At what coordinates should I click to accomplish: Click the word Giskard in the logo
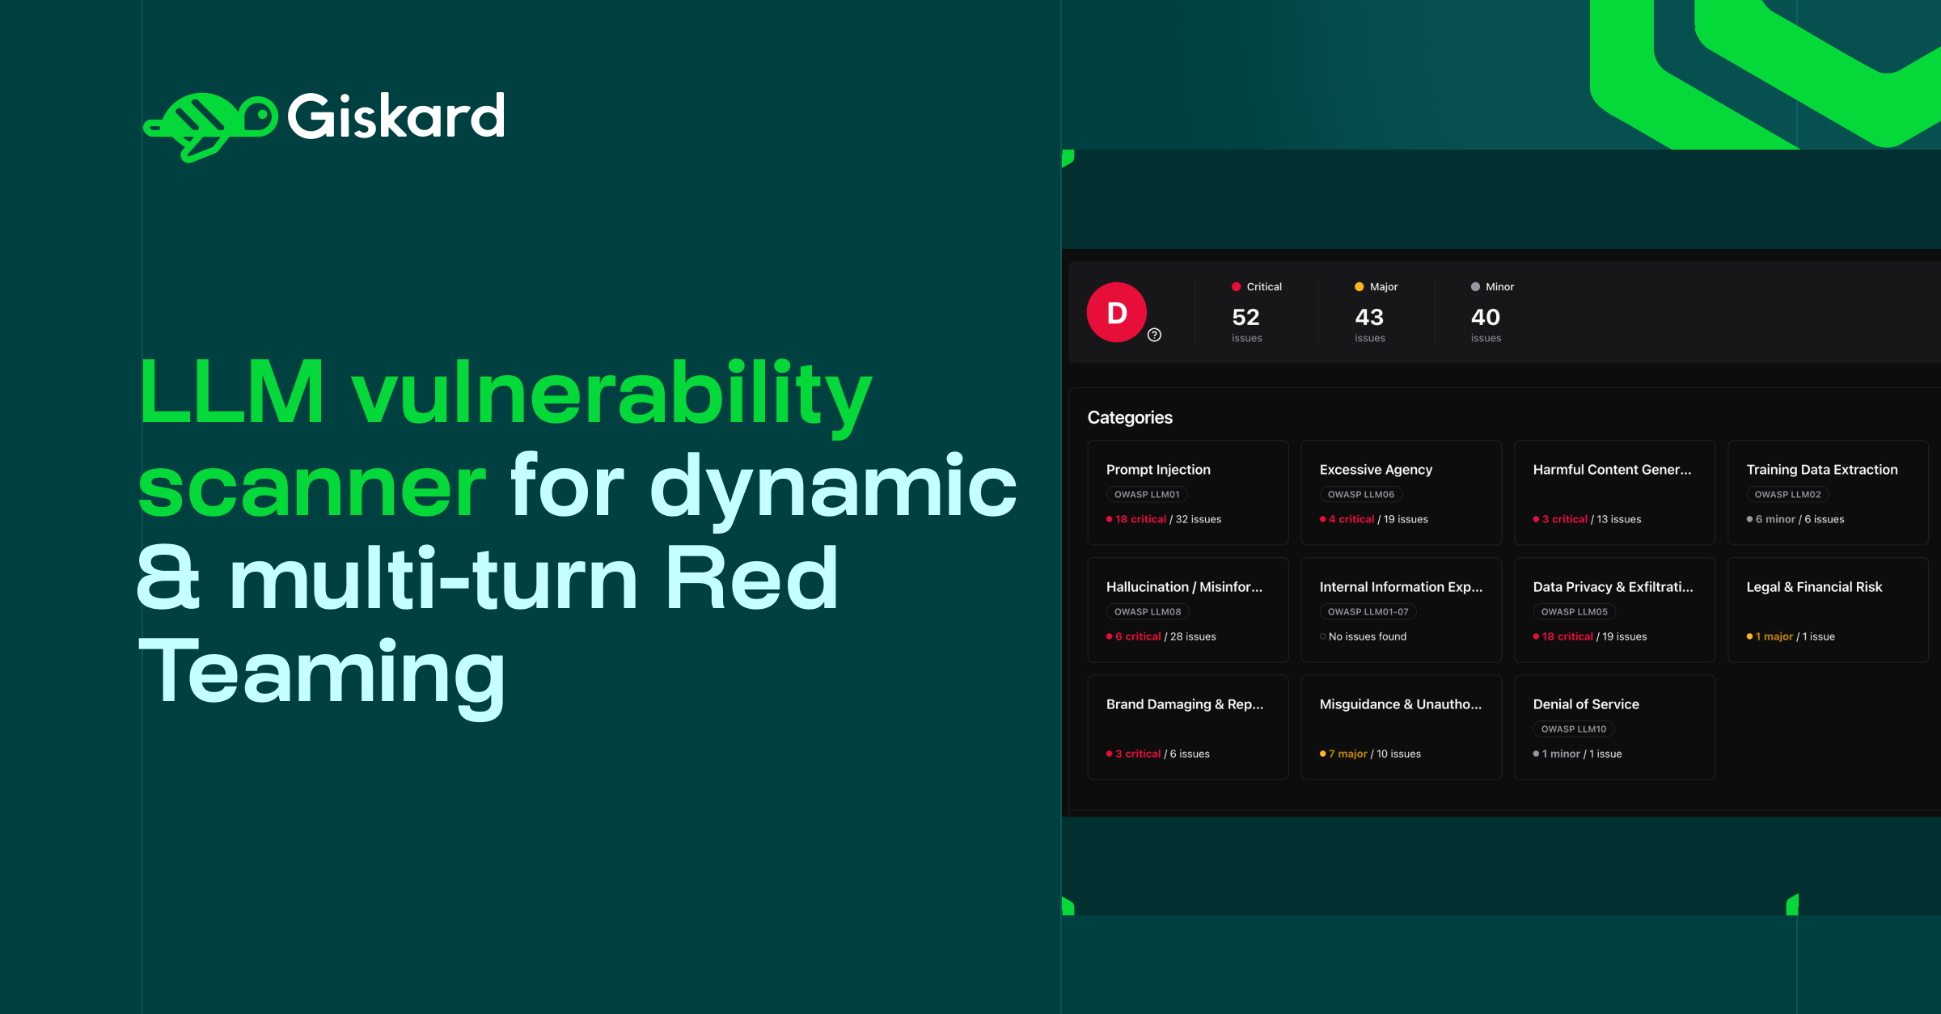[396, 117]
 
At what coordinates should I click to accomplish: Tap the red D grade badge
[1116, 312]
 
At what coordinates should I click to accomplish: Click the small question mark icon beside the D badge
[1154, 335]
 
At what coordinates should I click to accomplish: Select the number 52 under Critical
[1245, 317]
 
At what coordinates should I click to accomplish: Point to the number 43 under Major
[1369, 317]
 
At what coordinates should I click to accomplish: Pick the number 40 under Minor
[1485, 317]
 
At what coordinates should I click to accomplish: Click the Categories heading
[1130, 417]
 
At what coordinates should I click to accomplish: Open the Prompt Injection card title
[1158, 470]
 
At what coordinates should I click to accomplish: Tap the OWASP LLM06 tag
[1361, 494]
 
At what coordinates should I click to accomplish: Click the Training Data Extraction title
[1821, 470]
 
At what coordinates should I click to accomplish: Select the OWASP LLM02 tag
[1787, 494]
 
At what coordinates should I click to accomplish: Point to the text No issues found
[1367, 636]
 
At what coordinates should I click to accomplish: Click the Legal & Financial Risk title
[1814, 587]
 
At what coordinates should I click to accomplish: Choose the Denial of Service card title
[1586, 704]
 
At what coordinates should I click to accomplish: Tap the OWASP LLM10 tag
[1574, 729]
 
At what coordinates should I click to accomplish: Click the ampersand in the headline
[168, 577]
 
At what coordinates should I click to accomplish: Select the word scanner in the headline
[312, 485]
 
